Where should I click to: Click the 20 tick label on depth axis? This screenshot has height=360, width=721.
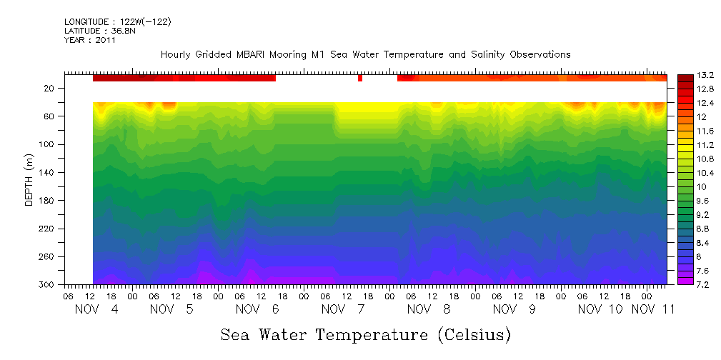(x=50, y=89)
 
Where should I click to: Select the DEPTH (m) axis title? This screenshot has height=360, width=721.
(x=29, y=182)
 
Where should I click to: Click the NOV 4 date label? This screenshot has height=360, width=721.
(x=96, y=309)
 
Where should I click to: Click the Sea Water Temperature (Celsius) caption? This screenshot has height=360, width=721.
(x=366, y=334)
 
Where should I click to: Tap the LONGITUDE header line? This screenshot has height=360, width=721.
(x=117, y=22)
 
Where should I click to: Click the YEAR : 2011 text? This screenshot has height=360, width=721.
(x=90, y=40)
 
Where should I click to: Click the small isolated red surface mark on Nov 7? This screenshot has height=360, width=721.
(x=360, y=78)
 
